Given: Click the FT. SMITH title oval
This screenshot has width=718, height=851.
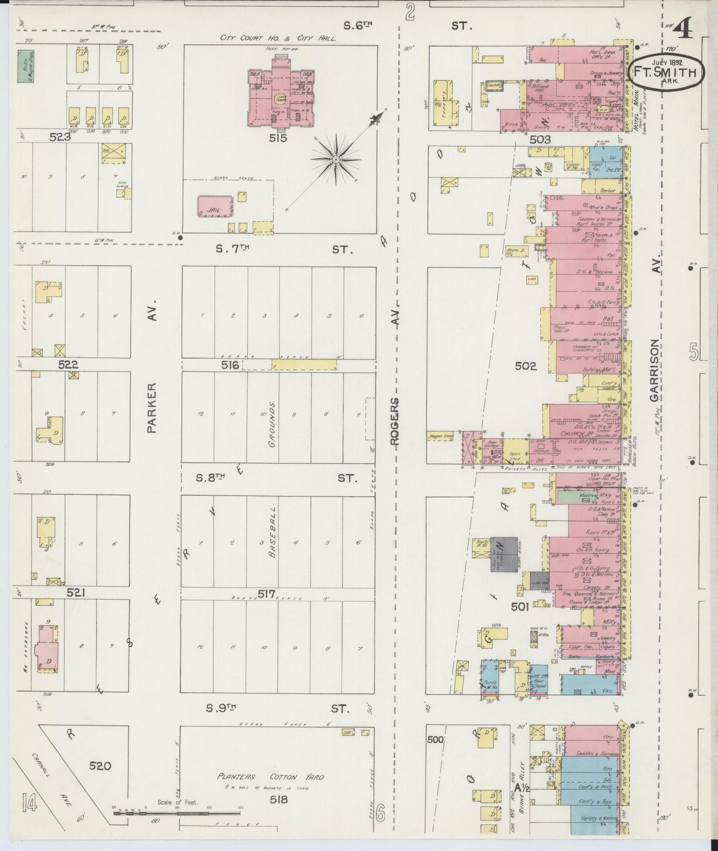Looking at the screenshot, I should [x=666, y=71].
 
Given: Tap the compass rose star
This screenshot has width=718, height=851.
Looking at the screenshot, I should [x=335, y=159].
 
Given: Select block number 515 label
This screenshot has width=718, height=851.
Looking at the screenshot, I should [x=278, y=139].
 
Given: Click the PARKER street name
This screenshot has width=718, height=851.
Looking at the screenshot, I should [x=152, y=407].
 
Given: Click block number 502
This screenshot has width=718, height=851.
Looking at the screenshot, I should [x=526, y=366].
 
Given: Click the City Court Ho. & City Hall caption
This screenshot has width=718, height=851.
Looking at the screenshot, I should [x=278, y=38].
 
